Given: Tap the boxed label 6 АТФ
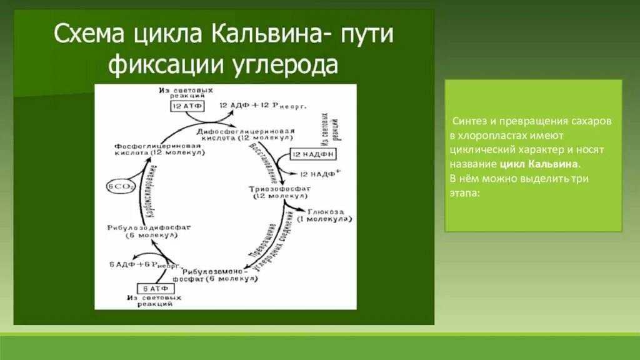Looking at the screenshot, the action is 154,288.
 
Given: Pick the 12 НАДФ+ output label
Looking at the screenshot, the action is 320,173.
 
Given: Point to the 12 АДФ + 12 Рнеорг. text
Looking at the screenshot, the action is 262,106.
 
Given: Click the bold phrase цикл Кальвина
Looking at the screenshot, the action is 539,164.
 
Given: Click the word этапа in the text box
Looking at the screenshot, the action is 464,193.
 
